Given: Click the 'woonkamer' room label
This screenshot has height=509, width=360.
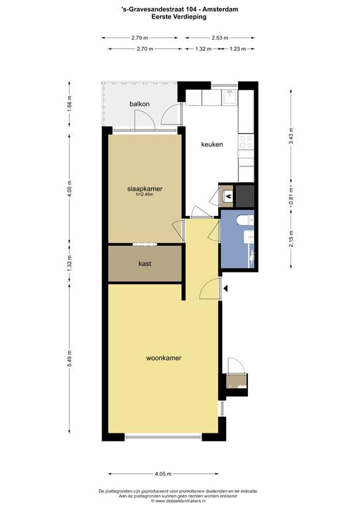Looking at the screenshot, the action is (164, 358).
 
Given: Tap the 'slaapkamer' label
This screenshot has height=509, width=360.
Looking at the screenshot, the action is (145, 189).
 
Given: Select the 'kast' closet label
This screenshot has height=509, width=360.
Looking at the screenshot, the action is (145, 264).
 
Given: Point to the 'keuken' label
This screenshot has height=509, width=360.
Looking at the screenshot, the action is (212, 144).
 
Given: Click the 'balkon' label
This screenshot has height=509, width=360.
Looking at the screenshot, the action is (140, 104).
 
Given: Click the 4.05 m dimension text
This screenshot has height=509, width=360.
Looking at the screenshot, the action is (163, 474).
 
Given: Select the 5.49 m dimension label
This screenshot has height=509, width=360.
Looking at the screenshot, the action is (70, 359).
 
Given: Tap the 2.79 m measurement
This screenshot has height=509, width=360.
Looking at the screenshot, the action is (140, 38).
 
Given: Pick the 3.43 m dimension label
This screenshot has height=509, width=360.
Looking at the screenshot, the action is (291, 137).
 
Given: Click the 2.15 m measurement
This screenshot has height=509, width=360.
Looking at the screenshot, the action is (291, 239).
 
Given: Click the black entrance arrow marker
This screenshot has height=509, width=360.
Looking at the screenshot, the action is (225, 288).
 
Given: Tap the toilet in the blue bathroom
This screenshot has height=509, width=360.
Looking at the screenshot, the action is (245, 221).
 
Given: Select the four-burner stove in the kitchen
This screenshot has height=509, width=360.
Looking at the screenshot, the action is (246, 142).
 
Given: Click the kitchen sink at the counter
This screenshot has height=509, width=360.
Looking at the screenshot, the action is (230, 97).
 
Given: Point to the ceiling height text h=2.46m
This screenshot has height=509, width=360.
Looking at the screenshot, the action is (145, 195).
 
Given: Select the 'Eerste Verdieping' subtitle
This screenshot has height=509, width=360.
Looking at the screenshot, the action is (179, 17).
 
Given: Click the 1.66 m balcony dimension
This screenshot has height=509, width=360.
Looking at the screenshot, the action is (70, 104).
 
